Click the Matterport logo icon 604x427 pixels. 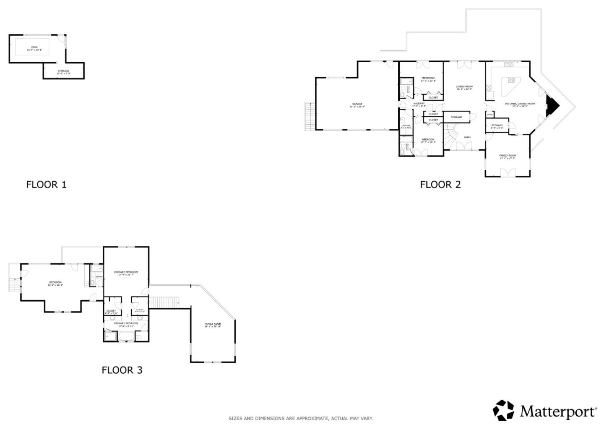click(503, 410)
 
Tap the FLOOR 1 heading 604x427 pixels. click(46, 185)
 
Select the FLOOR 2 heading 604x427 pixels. click(440, 185)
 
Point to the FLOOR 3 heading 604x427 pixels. click(122, 370)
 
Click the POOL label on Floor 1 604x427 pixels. click(34, 47)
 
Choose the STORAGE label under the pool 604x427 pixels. click(63, 71)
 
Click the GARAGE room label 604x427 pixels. click(357, 104)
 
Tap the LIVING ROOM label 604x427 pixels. click(464, 87)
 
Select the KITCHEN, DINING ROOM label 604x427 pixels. click(520, 104)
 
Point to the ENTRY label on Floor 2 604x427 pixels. click(467, 137)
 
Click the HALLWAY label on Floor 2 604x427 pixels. click(419, 104)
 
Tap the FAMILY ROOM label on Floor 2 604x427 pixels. click(508, 156)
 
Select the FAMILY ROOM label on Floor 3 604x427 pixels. click(213, 324)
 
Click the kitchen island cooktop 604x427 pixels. click(511, 80)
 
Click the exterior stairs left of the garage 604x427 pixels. click(310, 116)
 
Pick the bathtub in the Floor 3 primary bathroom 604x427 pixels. click(126, 336)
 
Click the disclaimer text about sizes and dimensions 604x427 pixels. click(300, 418)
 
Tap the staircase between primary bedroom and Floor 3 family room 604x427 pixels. click(164, 302)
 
